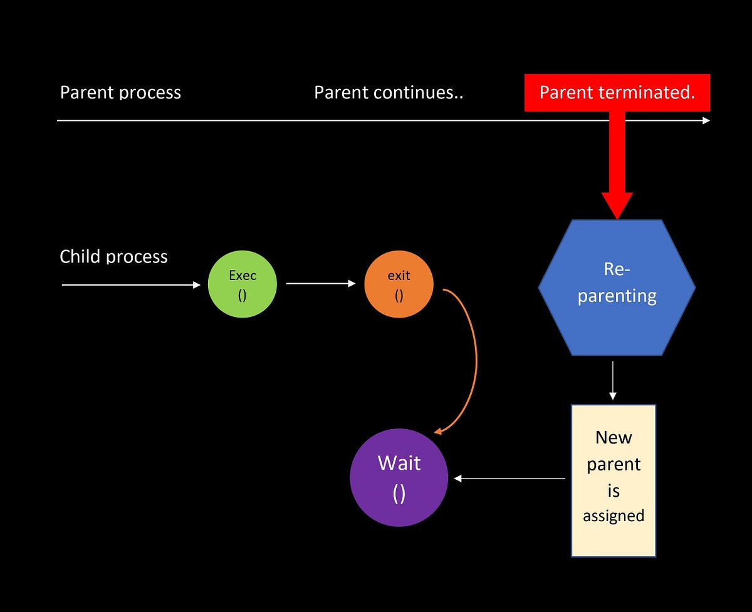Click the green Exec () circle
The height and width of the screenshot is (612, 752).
[243, 284]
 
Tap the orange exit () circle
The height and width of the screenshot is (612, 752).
[399, 284]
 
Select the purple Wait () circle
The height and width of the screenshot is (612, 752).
[399, 477]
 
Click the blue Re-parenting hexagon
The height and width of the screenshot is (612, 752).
[617, 288]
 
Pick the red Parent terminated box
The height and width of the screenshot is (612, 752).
[617, 93]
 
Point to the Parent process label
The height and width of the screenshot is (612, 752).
[120, 93]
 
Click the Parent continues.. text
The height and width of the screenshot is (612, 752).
[389, 93]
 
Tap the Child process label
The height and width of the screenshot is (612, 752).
[113, 257]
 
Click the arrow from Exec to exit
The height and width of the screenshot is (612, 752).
[320, 284]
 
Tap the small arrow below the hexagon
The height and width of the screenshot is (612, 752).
[613, 379]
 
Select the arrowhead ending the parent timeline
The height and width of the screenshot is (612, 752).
[706, 120]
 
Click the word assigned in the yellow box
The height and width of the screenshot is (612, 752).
[614, 516]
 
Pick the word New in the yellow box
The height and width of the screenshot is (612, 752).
[614, 437]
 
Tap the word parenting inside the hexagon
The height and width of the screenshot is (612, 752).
[617, 296]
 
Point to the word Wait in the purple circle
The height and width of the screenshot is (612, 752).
[399, 464]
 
